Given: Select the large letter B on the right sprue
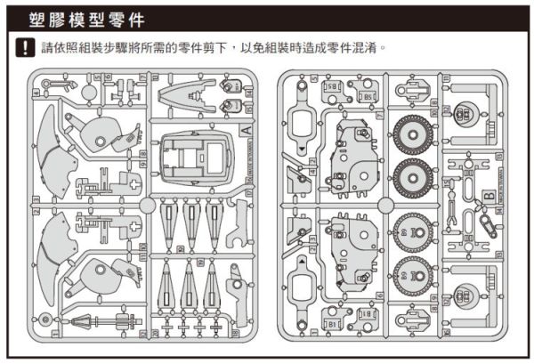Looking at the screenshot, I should [x=489, y=196].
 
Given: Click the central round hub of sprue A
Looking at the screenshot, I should [x=146, y=204].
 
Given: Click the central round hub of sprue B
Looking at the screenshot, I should [x=385, y=204].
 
